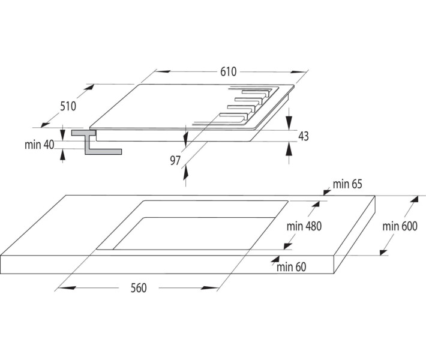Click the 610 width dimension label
[x=227, y=72]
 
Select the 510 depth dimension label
[x=68, y=106]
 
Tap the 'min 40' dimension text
[x=40, y=145]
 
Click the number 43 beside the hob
[x=303, y=136]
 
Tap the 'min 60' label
[x=291, y=266]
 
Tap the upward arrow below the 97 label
[x=186, y=173]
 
